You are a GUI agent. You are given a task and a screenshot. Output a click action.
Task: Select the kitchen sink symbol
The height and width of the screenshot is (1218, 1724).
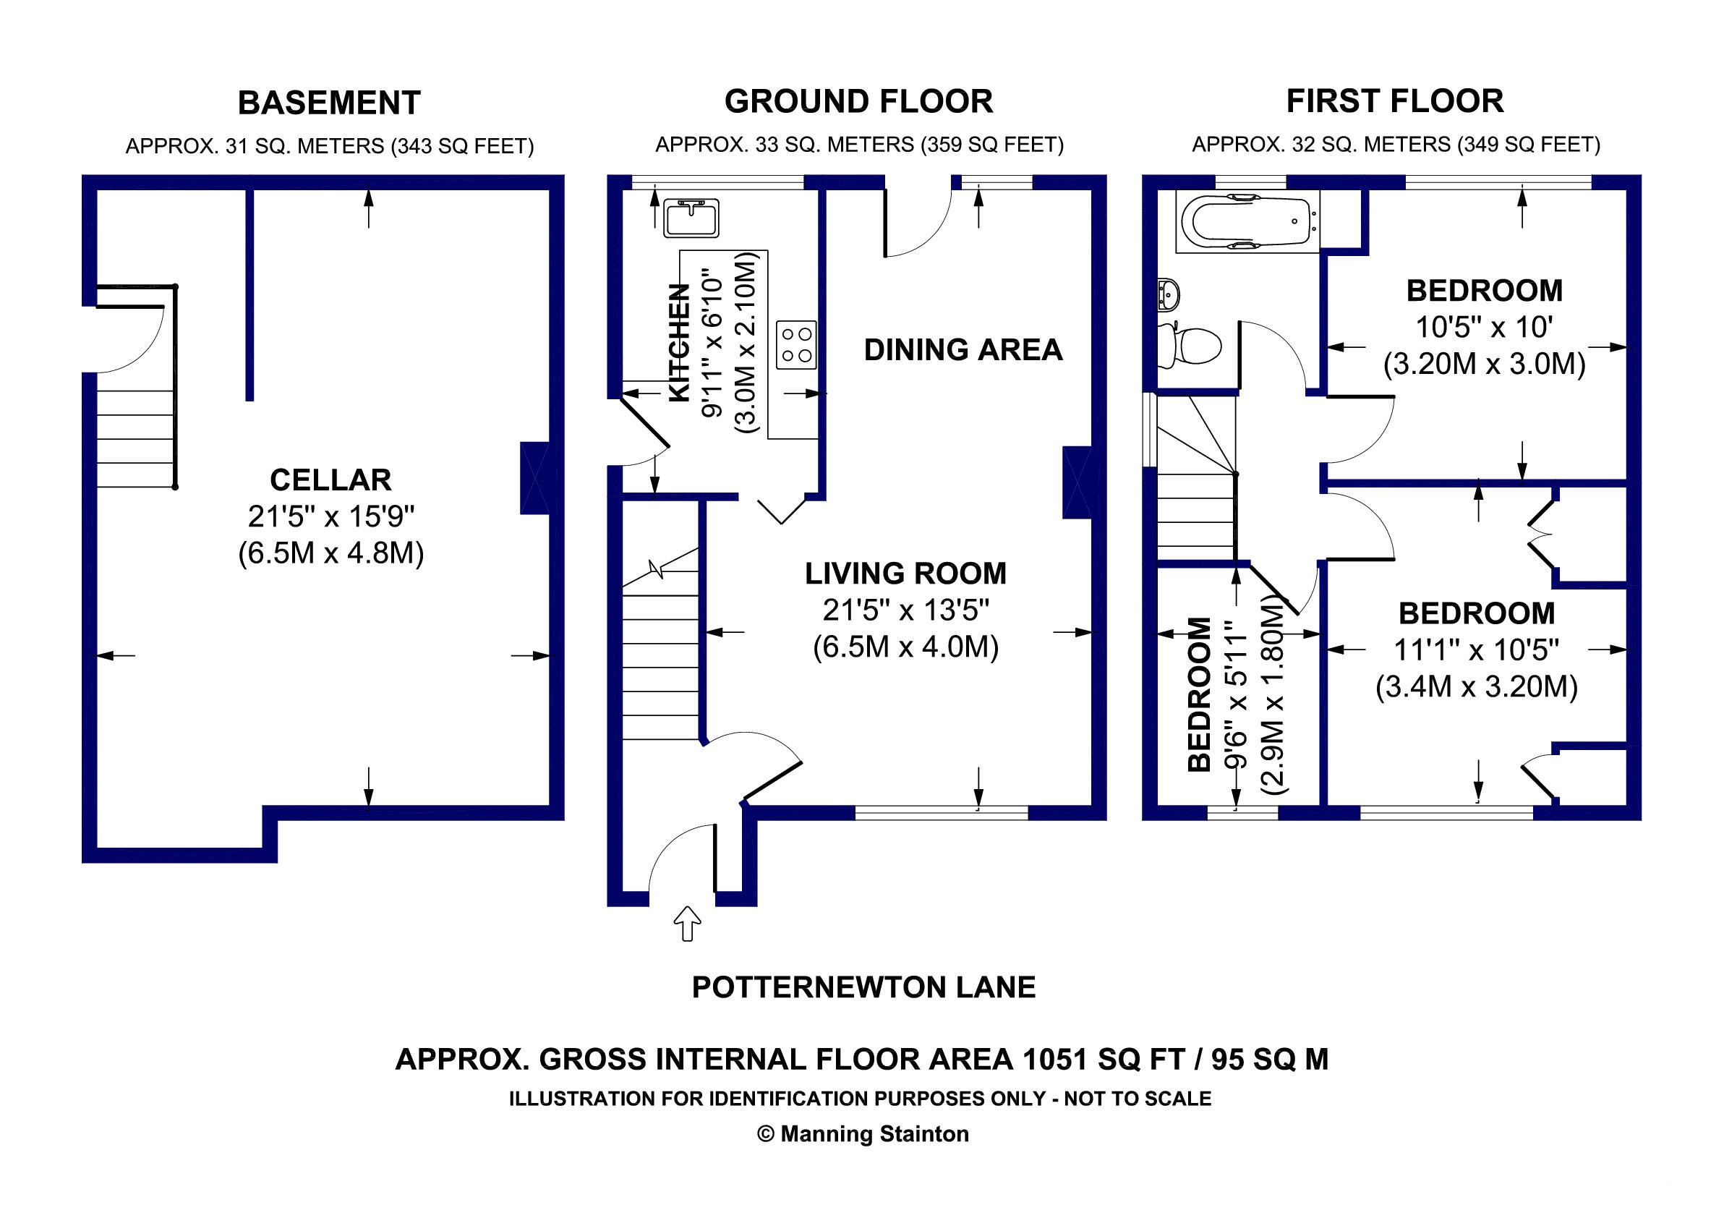point(691,218)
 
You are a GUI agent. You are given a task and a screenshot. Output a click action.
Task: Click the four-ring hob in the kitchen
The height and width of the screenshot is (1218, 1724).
point(796,346)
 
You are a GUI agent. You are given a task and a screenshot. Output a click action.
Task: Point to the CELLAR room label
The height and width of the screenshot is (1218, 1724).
point(330,480)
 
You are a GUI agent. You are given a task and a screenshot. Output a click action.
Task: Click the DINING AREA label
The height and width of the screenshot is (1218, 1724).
point(963,350)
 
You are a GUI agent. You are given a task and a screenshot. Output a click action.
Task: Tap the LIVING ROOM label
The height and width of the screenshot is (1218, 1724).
point(905,574)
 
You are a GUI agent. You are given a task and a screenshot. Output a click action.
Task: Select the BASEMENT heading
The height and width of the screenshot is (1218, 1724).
point(329,103)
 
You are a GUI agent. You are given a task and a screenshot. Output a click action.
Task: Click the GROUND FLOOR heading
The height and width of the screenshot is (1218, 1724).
point(858,101)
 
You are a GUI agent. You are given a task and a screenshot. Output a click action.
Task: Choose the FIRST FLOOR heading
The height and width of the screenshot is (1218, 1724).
point(1394,101)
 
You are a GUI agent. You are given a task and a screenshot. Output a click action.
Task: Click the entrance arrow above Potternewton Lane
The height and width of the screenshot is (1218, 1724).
point(687,923)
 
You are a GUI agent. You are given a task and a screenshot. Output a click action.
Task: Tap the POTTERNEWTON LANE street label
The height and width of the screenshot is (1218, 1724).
point(863,987)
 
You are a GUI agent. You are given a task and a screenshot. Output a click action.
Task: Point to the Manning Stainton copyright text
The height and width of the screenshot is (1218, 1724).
point(863,1134)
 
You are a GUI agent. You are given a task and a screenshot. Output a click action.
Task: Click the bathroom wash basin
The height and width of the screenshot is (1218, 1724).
point(1169,294)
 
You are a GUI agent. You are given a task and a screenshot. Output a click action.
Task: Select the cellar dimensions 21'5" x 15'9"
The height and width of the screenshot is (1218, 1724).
point(331,516)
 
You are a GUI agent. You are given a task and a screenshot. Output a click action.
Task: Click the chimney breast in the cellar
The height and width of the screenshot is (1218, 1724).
point(534,478)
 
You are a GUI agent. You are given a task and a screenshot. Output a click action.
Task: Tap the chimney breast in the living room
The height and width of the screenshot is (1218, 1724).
point(1077,482)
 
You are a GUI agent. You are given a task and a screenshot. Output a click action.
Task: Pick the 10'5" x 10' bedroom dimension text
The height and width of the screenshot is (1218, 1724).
point(1484,328)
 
